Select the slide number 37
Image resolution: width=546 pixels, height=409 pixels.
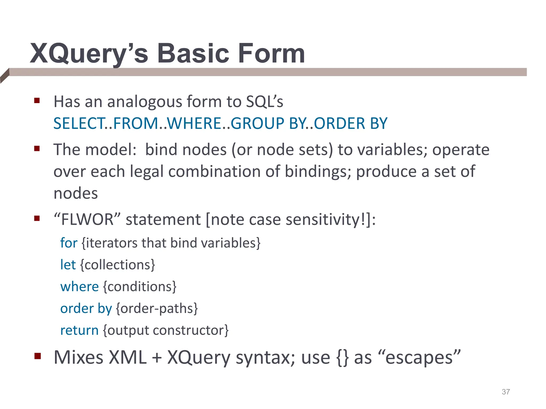pos(506,392)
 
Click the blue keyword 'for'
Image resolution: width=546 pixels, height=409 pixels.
pos(69,243)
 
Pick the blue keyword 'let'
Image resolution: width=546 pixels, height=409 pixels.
pos(68,265)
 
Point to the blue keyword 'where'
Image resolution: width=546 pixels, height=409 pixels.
pos(79,287)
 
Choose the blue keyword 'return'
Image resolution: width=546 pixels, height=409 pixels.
pos(79,330)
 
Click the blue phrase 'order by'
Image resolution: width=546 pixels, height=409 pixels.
pos(86,309)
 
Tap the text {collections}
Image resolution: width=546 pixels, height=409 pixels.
pos(118,265)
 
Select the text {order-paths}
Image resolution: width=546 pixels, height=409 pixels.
pos(157,309)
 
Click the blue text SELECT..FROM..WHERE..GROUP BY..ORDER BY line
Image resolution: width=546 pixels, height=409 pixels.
pos(220,124)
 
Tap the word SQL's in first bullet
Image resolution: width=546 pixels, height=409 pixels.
pos(264,101)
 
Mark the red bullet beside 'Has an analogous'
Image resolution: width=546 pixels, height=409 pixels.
pos(37,101)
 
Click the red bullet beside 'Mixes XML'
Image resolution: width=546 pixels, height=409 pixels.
pos(37,356)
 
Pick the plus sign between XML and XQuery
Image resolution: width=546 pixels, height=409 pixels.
pos(157,358)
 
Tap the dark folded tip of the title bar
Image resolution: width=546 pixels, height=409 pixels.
pos(5,76)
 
